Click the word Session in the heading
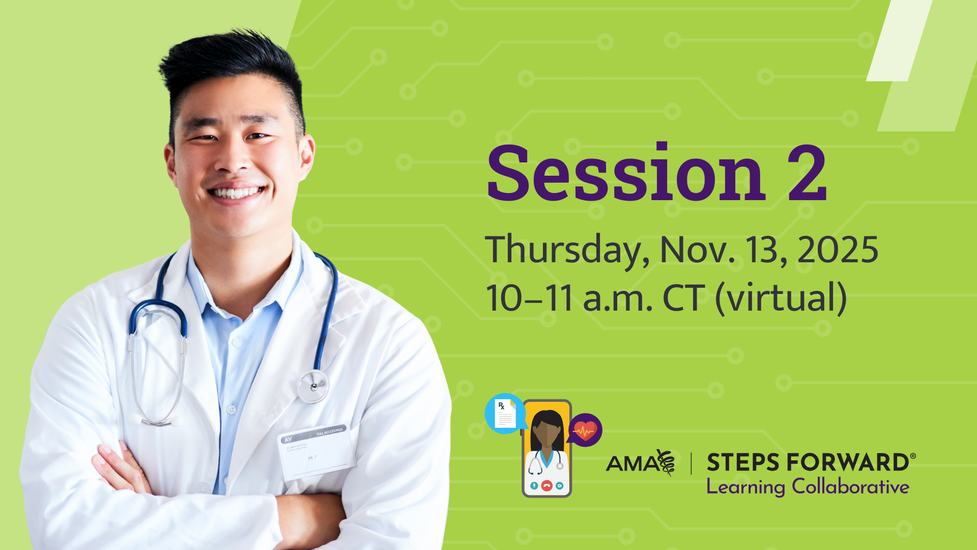pyautogui.click(x=626, y=174)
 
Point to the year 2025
pyautogui.click(x=838, y=250)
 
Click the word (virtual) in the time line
pyautogui.click(x=781, y=298)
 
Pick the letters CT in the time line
pyautogui.click(x=683, y=298)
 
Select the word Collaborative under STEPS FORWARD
pyautogui.click(x=850, y=487)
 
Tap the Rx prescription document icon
pyautogui.click(x=505, y=413)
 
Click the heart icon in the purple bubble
pyautogui.click(x=585, y=430)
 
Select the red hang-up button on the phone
pyautogui.click(x=547, y=485)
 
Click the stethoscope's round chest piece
pyautogui.click(x=313, y=386)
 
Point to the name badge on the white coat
pyautogui.click(x=317, y=451)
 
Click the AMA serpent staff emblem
pyautogui.click(x=666, y=462)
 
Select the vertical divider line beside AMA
pyautogui.click(x=691, y=463)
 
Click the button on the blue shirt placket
pyautogui.click(x=232, y=409)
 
